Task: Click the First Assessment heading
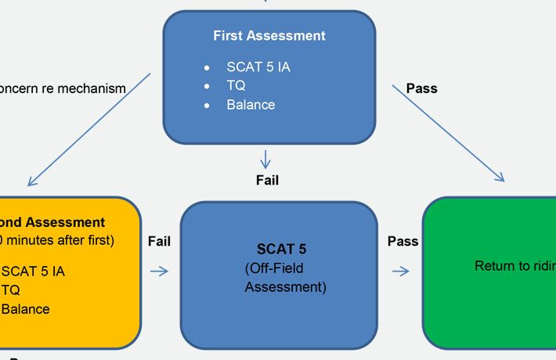coord(269,36)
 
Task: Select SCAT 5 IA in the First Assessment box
coord(258,67)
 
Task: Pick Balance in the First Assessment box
coord(251,105)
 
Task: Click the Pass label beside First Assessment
coord(421,89)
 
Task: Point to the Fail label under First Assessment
coord(267,181)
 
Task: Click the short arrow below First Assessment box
coord(266,159)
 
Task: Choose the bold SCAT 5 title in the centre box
coord(281,250)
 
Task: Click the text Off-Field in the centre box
coord(275,269)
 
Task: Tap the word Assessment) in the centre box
coord(285,287)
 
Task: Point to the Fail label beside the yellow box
coord(159,242)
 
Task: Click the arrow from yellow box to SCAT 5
coord(159,272)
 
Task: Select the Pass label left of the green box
coord(403,242)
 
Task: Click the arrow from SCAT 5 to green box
coord(400,272)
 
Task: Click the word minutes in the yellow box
coord(40,240)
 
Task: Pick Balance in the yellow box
coord(26,309)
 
